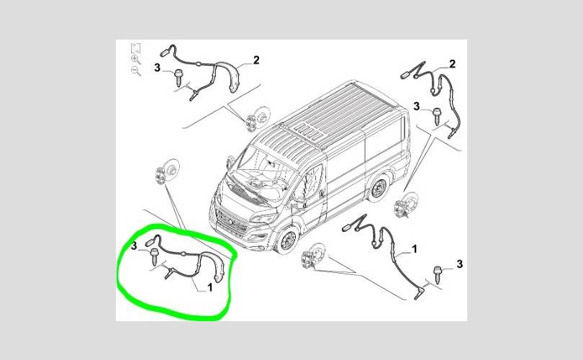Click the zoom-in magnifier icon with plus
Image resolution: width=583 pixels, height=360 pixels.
pos(136,60)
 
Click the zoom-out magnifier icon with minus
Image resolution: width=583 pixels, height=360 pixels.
pos(136,71)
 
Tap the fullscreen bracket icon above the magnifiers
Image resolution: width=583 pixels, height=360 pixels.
pos(136,48)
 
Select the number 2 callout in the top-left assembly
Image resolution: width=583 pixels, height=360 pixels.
pos(256,60)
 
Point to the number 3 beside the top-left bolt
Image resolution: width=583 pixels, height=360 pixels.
pos(157,68)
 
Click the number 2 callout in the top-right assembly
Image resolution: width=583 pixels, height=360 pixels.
pos(452,64)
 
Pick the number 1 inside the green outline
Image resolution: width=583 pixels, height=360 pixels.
pos(209,287)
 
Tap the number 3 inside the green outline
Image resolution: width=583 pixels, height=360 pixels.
pos(134,246)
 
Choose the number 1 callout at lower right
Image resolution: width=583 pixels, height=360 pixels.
pos(414,249)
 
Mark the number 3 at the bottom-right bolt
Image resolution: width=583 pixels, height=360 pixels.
pos(460,264)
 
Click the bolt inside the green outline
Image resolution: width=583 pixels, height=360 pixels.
pos(154,257)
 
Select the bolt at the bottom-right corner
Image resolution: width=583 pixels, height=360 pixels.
pos(438,274)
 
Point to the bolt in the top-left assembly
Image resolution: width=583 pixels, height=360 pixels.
pos(178,78)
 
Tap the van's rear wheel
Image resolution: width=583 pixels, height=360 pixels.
pos(379,189)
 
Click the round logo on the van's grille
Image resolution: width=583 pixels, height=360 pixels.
pos(231,222)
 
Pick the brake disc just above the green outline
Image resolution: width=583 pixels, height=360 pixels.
pos(166,172)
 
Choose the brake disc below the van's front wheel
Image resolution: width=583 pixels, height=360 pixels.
pos(312,256)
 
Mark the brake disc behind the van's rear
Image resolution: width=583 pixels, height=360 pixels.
pos(406,204)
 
